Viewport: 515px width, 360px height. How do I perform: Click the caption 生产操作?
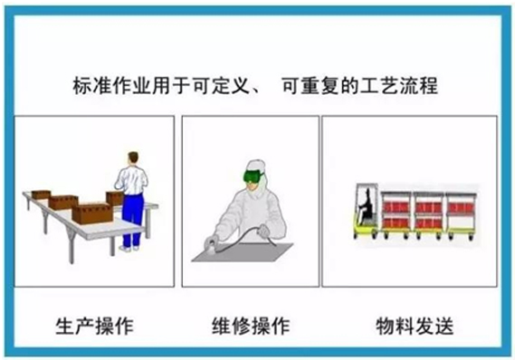(95, 326)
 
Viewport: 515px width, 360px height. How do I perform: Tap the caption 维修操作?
(251, 326)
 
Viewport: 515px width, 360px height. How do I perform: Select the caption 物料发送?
(415, 326)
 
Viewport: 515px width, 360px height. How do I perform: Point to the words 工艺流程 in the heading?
(399, 86)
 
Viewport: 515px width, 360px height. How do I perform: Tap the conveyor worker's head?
(133, 158)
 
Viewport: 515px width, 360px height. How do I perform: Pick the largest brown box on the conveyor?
(92, 213)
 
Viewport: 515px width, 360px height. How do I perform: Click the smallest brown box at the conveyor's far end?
(41, 194)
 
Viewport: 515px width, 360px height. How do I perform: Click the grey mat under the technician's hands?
(243, 252)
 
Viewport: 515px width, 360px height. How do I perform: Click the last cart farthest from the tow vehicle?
(461, 216)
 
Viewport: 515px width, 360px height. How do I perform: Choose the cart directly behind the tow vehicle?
(396, 215)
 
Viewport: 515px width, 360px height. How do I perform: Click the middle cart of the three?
(428, 215)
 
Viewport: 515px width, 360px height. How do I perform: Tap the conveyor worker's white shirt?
(132, 181)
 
